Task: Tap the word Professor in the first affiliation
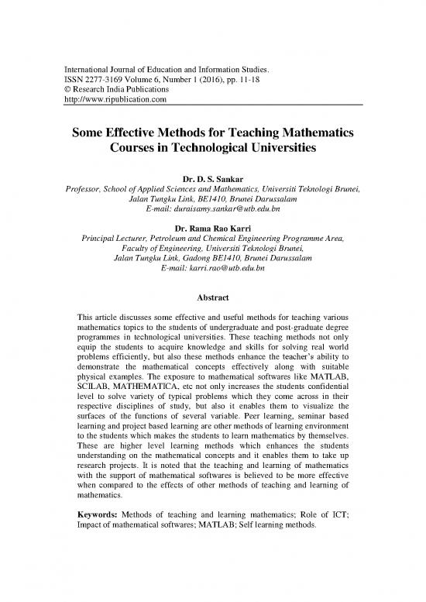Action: [88, 194]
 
